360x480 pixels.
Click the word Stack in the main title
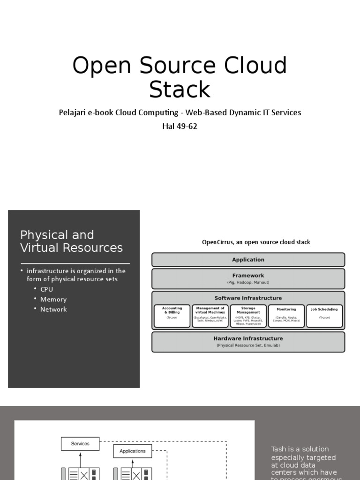point(180,89)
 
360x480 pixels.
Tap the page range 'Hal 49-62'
point(180,126)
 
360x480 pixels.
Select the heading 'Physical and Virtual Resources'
point(71,241)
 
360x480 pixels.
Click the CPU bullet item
point(46,289)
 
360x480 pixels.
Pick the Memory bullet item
point(53,299)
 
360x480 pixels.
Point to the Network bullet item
point(53,309)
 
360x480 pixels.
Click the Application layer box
point(248,260)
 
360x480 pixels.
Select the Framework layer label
point(248,276)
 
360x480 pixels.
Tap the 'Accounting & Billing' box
point(172,315)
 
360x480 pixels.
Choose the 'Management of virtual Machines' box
point(210,315)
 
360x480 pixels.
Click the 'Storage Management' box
point(248,315)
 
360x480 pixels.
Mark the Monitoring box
point(286,315)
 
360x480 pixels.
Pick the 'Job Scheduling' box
point(324,315)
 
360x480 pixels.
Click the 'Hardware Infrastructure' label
point(248,338)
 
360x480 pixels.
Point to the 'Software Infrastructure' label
point(248,298)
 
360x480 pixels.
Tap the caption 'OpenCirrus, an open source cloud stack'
point(256,242)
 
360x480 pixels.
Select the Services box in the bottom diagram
point(80,443)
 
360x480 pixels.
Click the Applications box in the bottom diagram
point(133,451)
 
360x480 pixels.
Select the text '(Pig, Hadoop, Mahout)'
point(248,283)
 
